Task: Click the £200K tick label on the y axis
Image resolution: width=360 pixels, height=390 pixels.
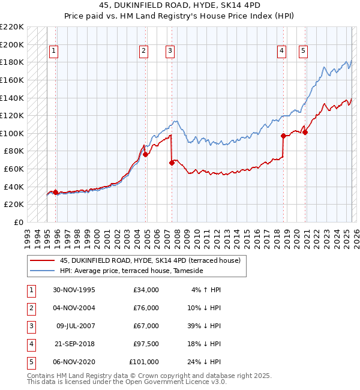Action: [13, 44]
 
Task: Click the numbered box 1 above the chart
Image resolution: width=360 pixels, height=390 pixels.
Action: [54, 52]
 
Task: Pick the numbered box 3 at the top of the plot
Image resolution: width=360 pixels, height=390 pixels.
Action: [170, 52]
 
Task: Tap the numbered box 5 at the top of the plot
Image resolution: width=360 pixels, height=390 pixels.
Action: [304, 52]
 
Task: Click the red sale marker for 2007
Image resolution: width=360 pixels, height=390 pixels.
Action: [172, 163]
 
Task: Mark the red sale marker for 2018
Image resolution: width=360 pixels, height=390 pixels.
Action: [283, 136]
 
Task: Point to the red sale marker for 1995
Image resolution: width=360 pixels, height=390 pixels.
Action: [56, 192]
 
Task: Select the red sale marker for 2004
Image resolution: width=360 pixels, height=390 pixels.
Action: [145, 155]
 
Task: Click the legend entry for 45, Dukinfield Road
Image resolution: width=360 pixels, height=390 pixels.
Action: [150, 260]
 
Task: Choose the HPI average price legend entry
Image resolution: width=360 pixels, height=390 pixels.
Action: [131, 271]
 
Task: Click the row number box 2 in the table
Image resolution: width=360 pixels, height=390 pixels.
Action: [31, 308]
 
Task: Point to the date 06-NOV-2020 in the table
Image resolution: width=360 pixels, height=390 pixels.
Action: [74, 362]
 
